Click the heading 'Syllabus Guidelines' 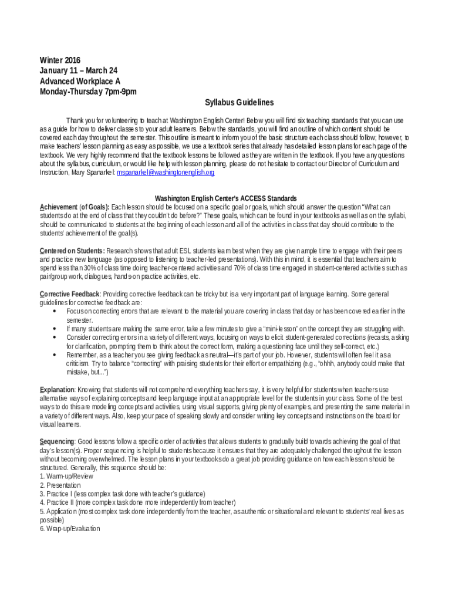click(239, 103)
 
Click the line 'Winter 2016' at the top click(60, 60)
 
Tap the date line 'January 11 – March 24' click(78, 71)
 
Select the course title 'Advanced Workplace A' click(80, 82)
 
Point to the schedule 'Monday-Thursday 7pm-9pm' click(88, 92)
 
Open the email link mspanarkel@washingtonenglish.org click(166, 173)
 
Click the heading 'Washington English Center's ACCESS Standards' click(225, 198)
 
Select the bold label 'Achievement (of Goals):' click(75, 207)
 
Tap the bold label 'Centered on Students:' click(72, 251)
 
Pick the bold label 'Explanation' click(57, 390)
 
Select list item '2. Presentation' click(60, 485)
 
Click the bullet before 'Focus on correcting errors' click(55, 311)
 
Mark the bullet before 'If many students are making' click(55, 329)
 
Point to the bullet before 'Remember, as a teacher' click(55, 355)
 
